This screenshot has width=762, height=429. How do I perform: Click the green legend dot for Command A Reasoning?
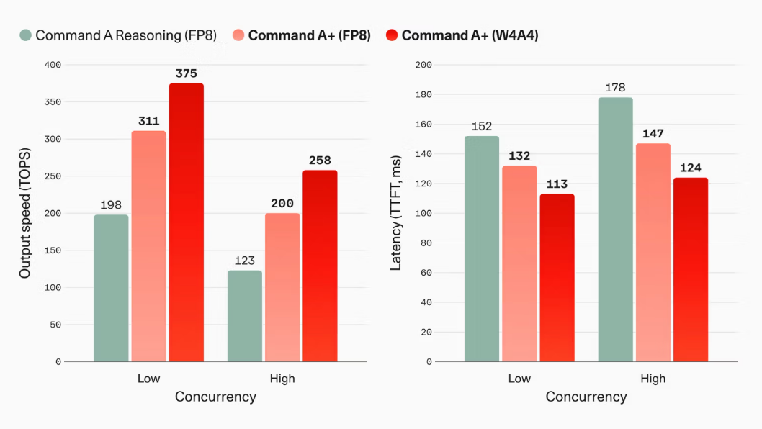coord(26,35)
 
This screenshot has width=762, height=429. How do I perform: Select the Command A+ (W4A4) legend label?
coord(470,35)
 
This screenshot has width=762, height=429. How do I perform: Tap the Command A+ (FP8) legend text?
coord(310,35)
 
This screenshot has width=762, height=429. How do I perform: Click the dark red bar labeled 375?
coord(187,222)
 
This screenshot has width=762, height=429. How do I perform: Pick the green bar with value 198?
coord(112,288)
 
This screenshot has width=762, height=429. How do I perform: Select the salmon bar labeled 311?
coord(148,246)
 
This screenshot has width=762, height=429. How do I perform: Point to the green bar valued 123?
coord(245,316)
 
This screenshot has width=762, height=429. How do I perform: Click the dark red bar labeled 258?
coord(321,266)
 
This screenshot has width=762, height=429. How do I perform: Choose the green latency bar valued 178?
coord(616,230)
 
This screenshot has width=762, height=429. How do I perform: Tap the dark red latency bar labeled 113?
coord(557,278)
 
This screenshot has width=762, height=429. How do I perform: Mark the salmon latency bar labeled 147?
coord(653,253)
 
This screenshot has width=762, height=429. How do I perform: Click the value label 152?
coord(482,126)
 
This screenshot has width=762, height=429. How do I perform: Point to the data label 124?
coord(691,168)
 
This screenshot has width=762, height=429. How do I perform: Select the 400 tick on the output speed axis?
coord(53,65)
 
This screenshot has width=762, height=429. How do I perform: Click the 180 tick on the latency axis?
coord(423,94)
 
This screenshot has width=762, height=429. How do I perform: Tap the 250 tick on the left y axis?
coord(53,176)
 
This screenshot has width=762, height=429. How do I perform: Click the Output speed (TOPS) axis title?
coord(24,213)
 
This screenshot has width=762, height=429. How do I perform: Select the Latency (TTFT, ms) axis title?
coord(395,213)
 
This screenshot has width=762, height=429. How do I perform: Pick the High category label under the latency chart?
coord(653,379)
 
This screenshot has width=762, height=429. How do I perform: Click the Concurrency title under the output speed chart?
coord(215,397)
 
